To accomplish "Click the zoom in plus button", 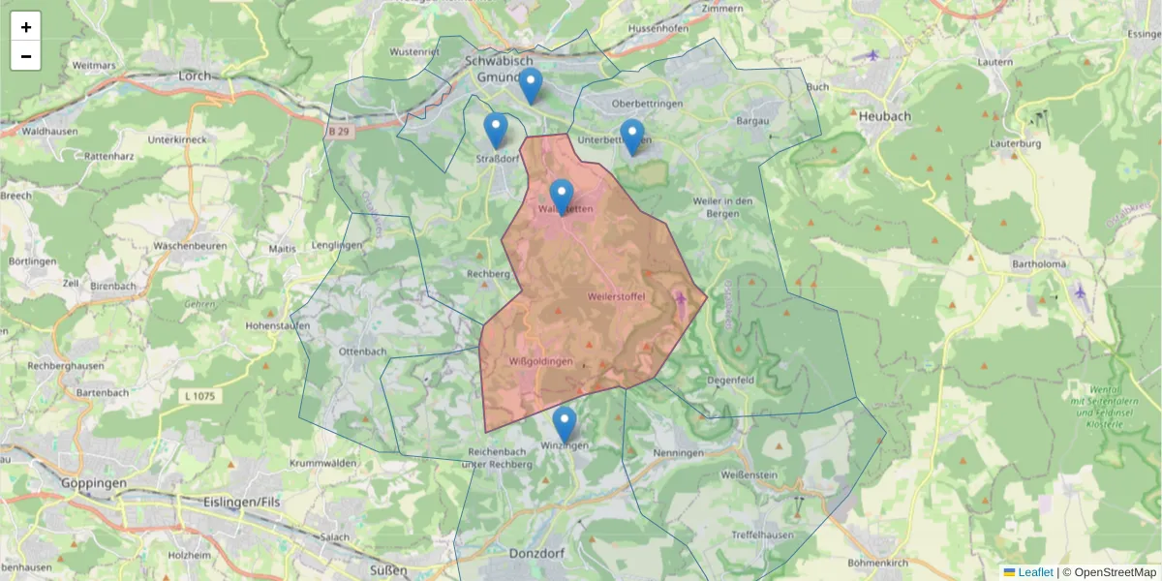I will [26, 27].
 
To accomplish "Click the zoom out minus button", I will [26, 56].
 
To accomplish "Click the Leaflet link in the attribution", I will [1035, 572].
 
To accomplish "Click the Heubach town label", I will [884, 115].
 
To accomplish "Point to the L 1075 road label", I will [197, 395].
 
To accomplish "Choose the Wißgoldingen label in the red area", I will [540, 361].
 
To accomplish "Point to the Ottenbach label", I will [363, 351].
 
